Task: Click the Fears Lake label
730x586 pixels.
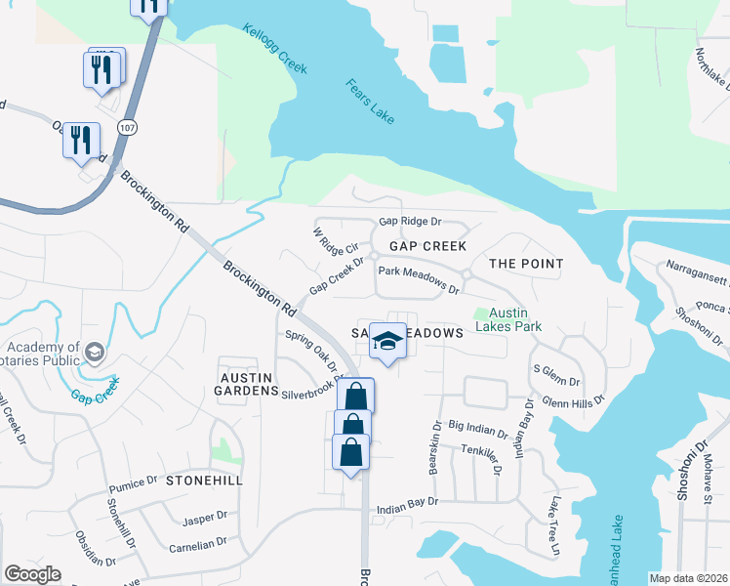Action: pyautogui.click(x=370, y=101)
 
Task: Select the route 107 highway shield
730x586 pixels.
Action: pyautogui.click(x=128, y=128)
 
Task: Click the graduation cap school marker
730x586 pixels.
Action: pyautogui.click(x=387, y=341)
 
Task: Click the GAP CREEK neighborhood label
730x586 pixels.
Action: pyautogui.click(x=427, y=246)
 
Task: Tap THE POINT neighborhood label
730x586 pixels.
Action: pyautogui.click(x=526, y=264)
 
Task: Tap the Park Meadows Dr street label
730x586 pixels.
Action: pyautogui.click(x=419, y=279)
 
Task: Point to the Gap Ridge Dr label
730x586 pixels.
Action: pyautogui.click(x=410, y=223)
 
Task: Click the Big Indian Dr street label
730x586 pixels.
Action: pyautogui.click(x=477, y=430)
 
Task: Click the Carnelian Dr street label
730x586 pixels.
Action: pyautogui.click(x=198, y=543)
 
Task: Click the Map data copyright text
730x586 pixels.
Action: pyautogui.click(x=689, y=578)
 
